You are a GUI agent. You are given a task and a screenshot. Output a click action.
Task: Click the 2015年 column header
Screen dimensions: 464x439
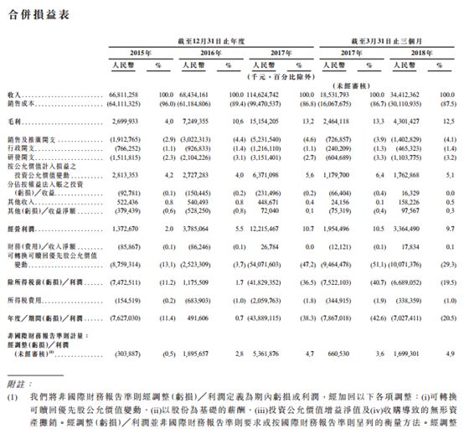coord(131,51)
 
